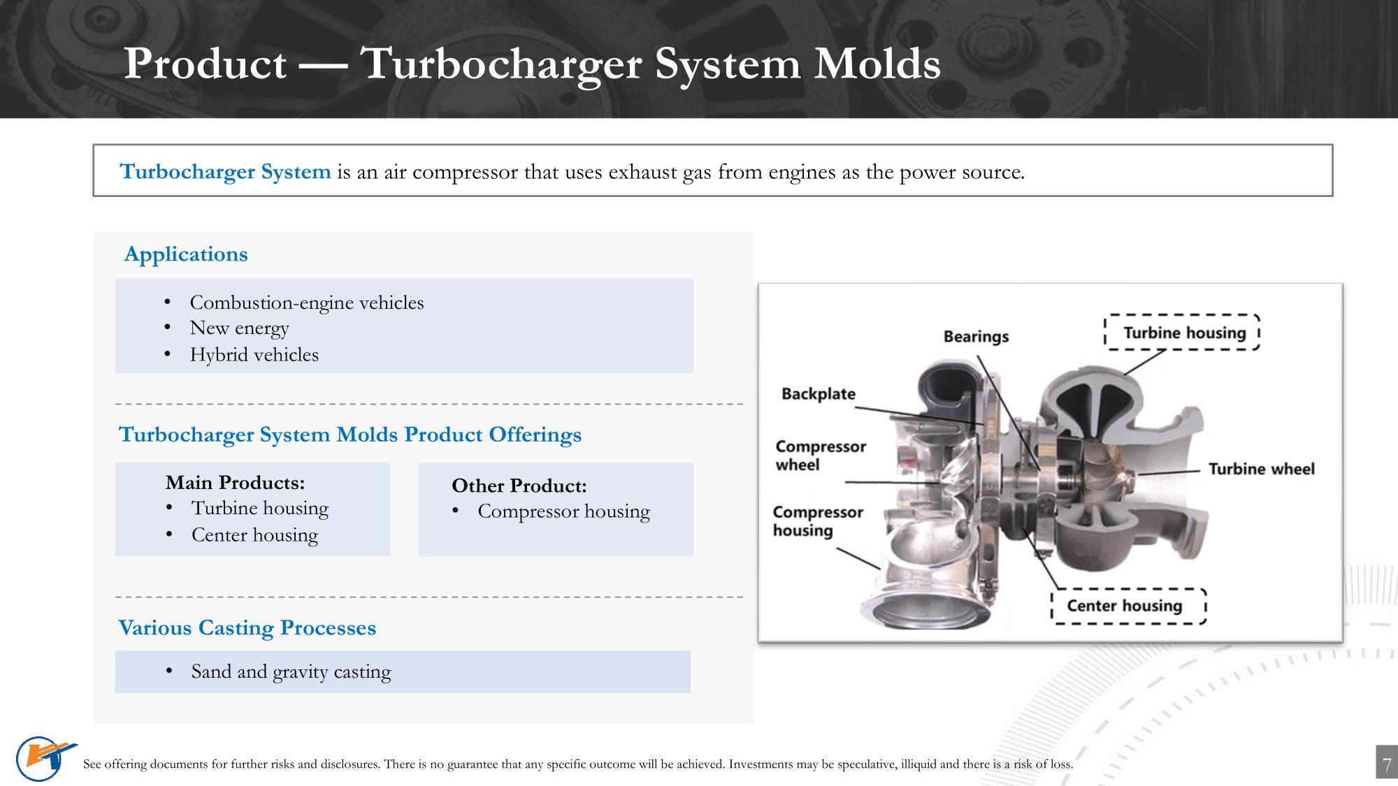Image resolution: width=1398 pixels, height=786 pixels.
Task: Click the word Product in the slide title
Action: click(x=206, y=64)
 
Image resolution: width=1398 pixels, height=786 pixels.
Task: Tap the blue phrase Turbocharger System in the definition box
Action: click(x=225, y=172)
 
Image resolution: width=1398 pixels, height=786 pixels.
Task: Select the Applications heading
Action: click(x=186, y=254)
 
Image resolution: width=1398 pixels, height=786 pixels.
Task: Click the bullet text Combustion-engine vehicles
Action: click(x=307, y=303)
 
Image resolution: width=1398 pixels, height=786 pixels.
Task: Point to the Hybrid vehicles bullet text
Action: click(x=254, y=355)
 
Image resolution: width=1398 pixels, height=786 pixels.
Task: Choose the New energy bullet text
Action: click(x=239, y=328)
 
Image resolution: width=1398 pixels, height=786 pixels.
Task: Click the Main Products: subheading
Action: click(x=235, y=483)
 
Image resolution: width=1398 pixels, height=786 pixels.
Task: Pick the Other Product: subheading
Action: click(x=519, y=486)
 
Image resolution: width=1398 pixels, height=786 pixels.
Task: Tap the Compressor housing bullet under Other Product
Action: click(x=563, y=511)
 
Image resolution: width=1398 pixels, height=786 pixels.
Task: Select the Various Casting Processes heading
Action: click(x=247, y=628)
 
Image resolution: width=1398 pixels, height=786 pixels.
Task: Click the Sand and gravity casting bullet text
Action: click(x=291, y=672)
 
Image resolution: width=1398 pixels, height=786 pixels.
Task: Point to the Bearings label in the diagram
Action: click(x=976, y=337)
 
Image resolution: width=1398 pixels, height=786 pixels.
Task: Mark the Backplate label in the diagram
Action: click(x=819, y=394)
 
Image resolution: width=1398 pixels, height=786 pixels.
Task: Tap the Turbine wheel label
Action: click(x=1262, y=469)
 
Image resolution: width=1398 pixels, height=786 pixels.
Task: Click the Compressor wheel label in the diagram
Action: click(x=821, y=456)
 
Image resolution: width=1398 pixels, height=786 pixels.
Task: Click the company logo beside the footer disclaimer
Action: click(x=43, y=758)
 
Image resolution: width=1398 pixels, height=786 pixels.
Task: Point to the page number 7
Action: click(x=1387, y=764)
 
